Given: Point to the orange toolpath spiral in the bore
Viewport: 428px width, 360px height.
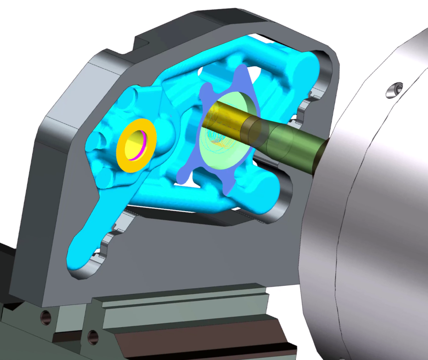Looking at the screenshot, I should (x=220, y=141).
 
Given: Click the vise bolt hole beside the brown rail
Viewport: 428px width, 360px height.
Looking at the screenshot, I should (x=93, y=337).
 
